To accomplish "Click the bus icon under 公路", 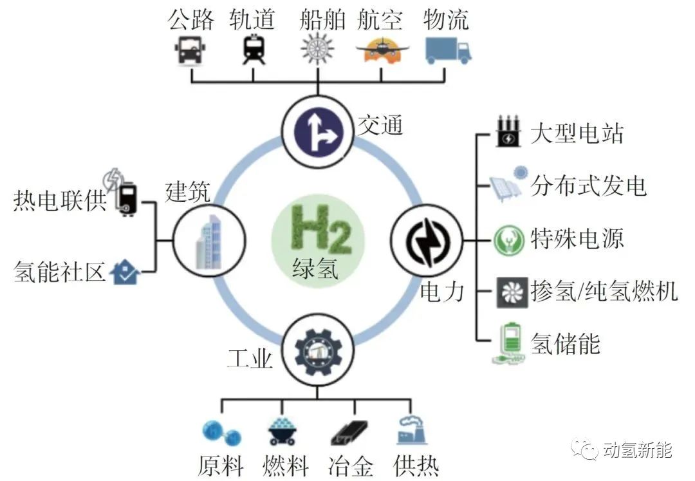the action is tap(190, 50).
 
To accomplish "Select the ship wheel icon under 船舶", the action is tap(317, 49).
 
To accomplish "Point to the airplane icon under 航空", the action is tap(382, 51).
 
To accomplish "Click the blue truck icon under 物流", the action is tap(448, 50).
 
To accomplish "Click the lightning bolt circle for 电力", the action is tap(427, 241).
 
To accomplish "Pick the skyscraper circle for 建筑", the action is tap(208, 241).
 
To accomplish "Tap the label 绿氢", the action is tap(315, 269).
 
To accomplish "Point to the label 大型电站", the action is tap(577, 133).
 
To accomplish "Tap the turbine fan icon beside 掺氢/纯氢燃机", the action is tap(512, 292).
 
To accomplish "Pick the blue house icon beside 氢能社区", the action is tap(125, 272).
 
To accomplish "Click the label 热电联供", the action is tap(60, 200).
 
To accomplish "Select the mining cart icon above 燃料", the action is tap(282, 431).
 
